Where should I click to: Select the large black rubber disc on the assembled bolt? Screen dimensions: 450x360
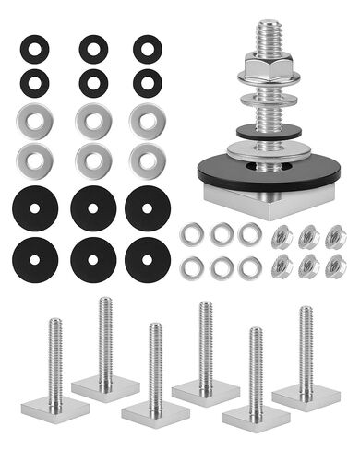(268, 172)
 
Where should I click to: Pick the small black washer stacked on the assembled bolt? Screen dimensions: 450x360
(268, 131)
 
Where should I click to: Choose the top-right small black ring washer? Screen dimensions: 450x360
(147, 48)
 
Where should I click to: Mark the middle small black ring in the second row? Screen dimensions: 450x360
(93, 83)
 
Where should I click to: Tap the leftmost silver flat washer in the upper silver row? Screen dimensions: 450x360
(35, 120)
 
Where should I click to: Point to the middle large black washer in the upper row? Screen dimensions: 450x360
(92, 208)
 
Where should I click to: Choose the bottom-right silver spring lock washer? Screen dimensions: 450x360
(249, 268)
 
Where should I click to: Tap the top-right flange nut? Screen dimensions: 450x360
(336, 236)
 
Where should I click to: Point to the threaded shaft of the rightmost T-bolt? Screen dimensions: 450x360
(306, 341)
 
